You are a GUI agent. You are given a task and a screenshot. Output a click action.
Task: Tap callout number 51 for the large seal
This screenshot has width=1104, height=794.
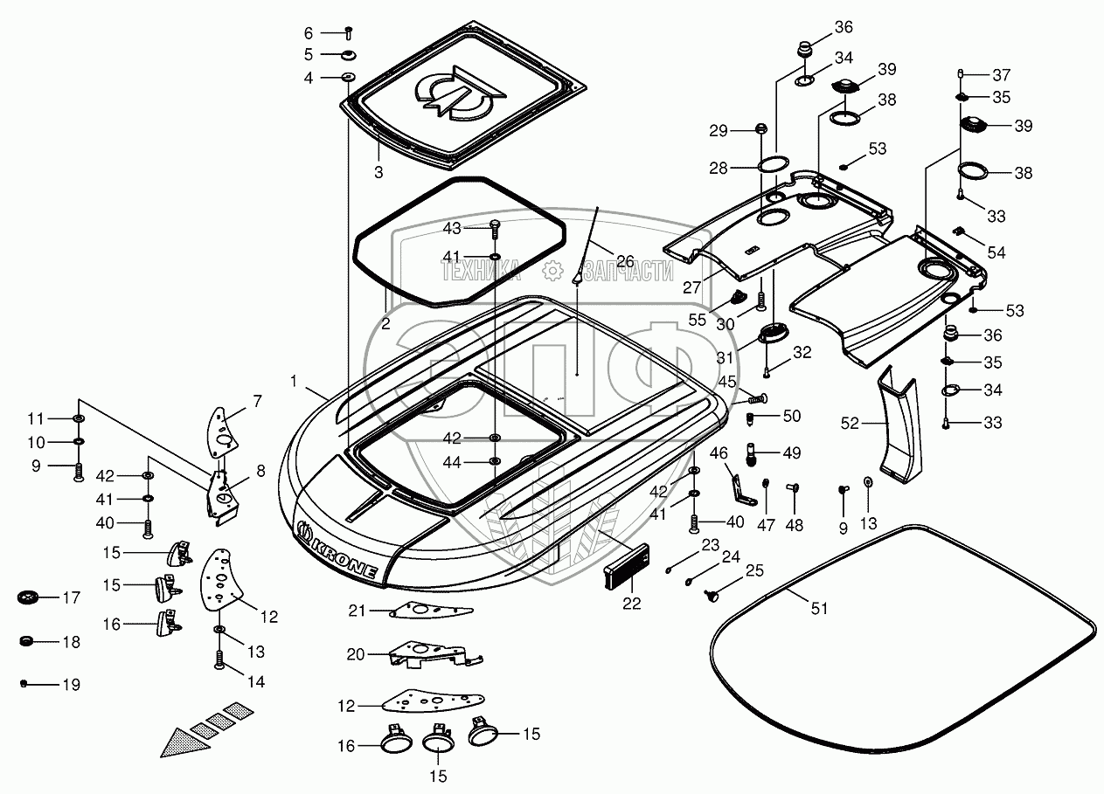[819, 609]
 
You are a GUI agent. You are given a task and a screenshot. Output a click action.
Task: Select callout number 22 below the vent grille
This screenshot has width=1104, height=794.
[631, 604]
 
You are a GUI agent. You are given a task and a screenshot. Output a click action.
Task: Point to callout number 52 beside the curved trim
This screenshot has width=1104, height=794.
[850, 424]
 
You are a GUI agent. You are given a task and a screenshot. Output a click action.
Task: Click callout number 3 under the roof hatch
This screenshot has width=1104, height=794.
[378, 172]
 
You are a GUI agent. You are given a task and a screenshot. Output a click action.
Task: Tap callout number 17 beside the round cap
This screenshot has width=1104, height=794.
[72, 597]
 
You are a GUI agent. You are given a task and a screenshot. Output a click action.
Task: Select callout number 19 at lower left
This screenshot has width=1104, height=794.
[72, 685]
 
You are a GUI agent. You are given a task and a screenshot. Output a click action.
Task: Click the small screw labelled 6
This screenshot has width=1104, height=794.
[349, 33]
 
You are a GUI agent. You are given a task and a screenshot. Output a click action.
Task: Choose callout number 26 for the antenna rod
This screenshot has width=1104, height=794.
[625, 261]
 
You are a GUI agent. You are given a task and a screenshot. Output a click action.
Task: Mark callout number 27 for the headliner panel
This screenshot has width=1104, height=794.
[692, 287]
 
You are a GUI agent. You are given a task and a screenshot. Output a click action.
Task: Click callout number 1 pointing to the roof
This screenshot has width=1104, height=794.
[295, 381]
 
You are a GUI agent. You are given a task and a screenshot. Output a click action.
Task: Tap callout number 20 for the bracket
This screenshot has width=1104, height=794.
[356, 654]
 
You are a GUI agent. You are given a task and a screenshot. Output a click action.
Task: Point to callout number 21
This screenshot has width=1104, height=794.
[357, 611]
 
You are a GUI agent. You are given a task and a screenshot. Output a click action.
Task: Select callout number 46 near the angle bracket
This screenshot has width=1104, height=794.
[719, 453]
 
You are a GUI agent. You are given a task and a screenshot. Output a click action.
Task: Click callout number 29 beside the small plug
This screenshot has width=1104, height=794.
[719, 131]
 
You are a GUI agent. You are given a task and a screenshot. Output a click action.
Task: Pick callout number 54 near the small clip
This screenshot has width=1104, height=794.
[996, 252]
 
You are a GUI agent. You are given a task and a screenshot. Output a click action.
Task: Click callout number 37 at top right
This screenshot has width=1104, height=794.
[1002, 75]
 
